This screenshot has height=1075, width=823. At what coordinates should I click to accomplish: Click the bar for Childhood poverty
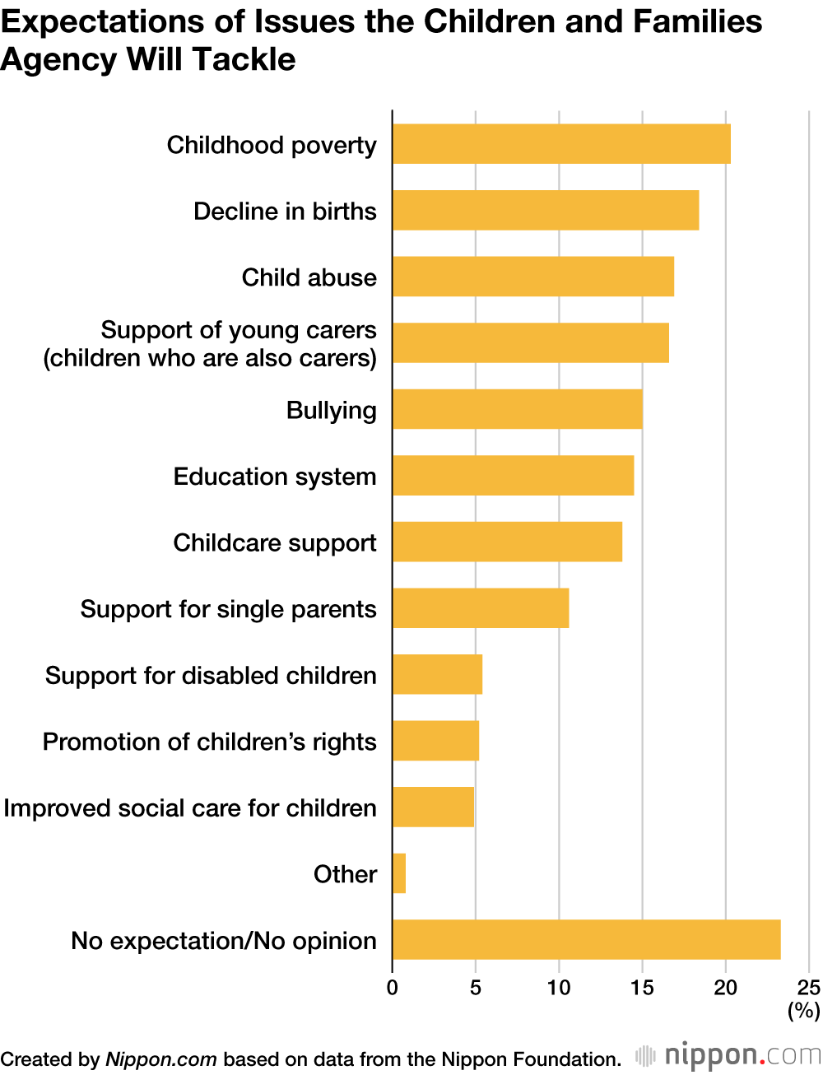(x=561, y=144)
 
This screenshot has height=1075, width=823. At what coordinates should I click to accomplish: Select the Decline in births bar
(x=546, y=211)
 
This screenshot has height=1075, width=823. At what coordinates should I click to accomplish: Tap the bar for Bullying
(x=517, y=409)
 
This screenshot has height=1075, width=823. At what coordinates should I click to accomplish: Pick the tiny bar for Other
(x=399, y=873)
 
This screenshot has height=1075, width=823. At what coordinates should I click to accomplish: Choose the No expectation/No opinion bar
(x=586, y=939)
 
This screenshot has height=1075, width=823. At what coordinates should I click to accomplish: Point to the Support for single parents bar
(x=481, y=608)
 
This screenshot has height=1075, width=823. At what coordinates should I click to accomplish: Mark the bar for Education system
(x=513, y=476)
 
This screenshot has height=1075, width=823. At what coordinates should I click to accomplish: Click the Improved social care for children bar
(x=433, y=807)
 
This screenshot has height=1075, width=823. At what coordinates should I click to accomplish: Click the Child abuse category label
(x=309, y=277)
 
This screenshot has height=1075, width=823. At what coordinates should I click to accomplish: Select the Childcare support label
(x=275, y=542)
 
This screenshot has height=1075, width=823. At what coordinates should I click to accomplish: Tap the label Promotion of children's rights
(x=209, y=742)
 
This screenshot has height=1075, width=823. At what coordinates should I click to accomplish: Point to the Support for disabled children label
(x=211, y=675)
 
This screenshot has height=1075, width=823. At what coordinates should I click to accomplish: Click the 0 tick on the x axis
(x=393, y=988)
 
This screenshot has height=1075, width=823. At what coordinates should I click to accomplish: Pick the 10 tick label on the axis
(x=559, y=988)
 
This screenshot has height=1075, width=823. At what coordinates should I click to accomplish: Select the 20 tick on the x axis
(x=725, y=988)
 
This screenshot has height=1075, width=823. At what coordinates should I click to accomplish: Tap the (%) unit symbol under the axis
(x=804, y=1010)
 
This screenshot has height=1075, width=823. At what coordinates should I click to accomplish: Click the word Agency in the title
(x=58, y=59)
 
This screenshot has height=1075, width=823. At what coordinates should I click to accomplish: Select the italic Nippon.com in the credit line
(x=161, y=1059)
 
